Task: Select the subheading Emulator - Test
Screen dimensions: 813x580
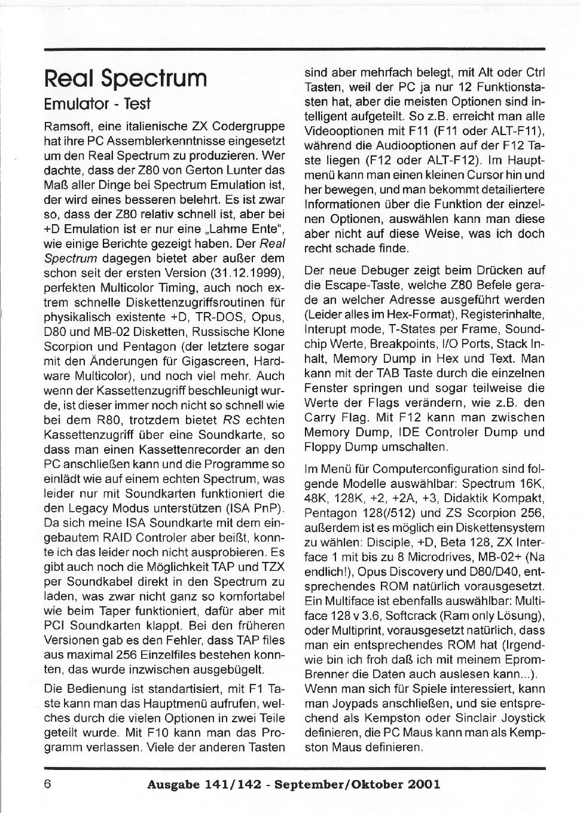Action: click(x=97, y=104)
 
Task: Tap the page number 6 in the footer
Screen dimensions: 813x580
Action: click(x=48, y=784)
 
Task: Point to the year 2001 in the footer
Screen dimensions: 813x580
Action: click(x=422, y=784)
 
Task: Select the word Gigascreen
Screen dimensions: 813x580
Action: click(x=215, y=362)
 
